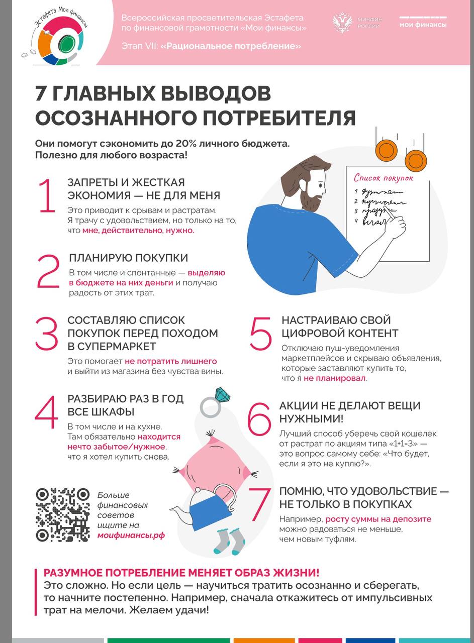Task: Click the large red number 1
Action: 46,196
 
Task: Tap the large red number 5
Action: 260,333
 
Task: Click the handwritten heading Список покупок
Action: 384,178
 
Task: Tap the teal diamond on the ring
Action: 222,395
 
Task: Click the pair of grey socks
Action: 230,541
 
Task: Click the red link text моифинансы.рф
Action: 131,535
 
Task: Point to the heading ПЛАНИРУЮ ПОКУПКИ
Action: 129,258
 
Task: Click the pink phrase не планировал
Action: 335,378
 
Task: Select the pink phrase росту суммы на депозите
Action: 378,519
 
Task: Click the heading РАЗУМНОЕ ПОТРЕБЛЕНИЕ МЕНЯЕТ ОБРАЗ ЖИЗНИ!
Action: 181,573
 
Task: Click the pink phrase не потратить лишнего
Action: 171,361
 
